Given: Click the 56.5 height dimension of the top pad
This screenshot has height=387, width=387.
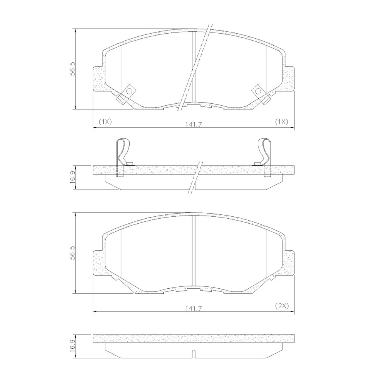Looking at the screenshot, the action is [72, 69].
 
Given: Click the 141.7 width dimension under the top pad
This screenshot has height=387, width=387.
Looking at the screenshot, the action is [194, 124].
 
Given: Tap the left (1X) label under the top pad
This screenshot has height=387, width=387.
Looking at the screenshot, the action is [105, 122].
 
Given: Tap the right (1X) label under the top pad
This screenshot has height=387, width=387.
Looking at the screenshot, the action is [281, 122].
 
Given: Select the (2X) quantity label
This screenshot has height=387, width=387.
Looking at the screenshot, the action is [282, 306].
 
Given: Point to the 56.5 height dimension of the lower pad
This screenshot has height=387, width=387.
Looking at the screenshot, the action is [72, 253].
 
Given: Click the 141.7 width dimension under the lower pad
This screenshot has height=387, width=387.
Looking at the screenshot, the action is [194, 308].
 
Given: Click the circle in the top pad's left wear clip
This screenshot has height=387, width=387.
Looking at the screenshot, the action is [129, 91].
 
